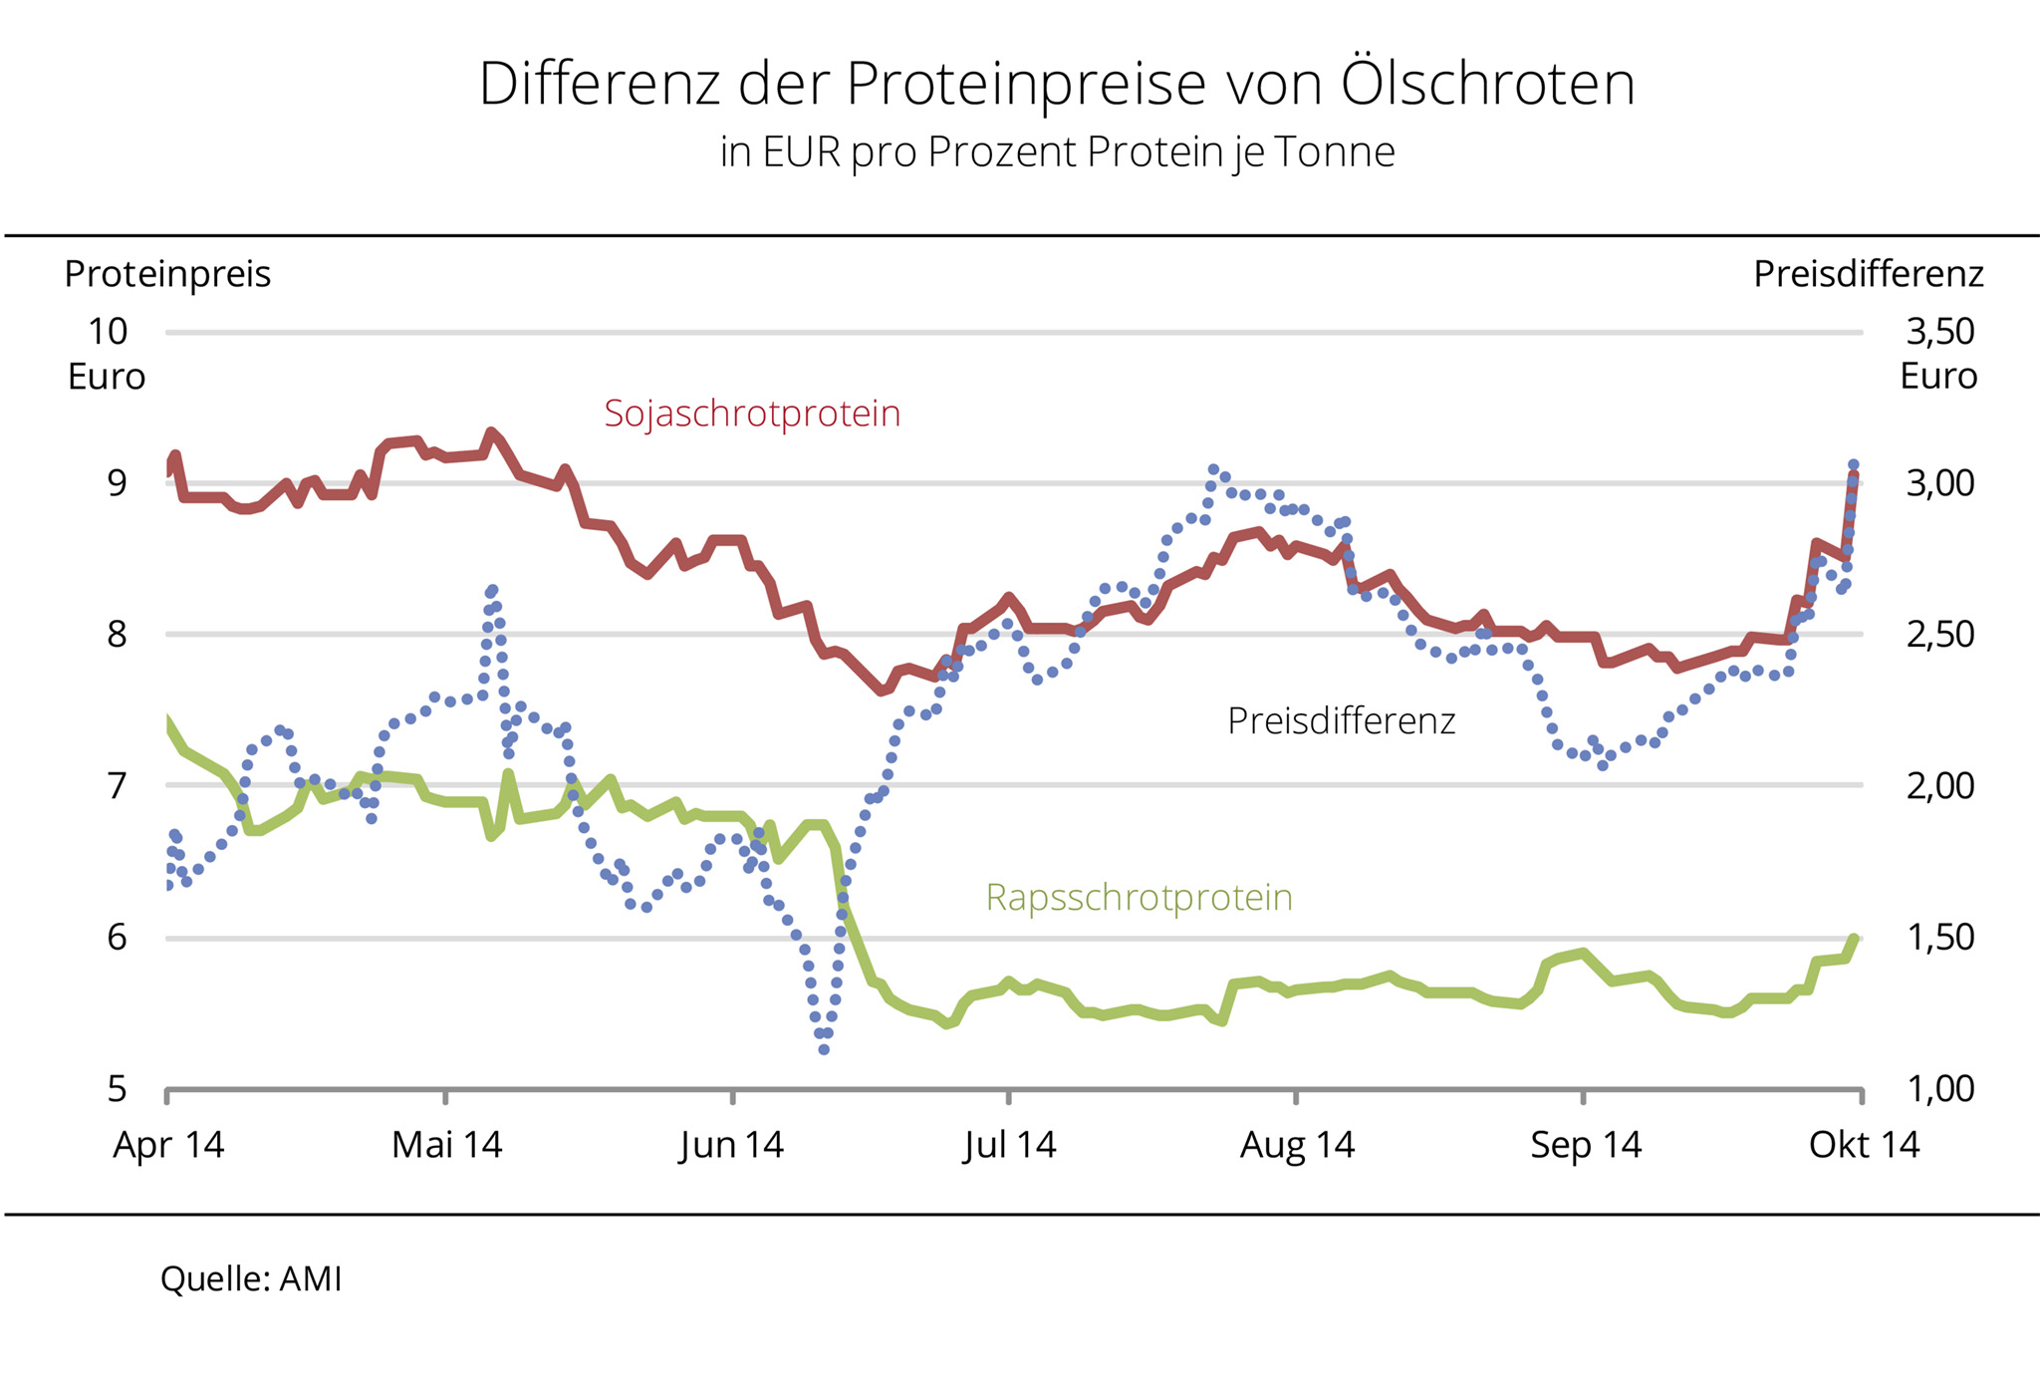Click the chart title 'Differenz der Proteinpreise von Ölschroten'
[x=1057, y=84]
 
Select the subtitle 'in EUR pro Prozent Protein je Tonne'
[x=1057, y=152]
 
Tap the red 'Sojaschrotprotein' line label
[x=752, y=414]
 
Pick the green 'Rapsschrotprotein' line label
[x=1139, y=898]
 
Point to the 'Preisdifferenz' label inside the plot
[x=1341, y=720]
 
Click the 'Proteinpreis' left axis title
[x=167, y=274]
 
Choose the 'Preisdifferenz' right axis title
[x=1868, y=274]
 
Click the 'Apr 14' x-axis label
[x=168, y=1145]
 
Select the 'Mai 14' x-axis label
[x=446, y=1145]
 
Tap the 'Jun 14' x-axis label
[x=732, y=1145]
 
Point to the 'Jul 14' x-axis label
[x=1009, y=1145]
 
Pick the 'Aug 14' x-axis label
[x=1297, y=1145]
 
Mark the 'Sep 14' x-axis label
[x=1586, y=1145]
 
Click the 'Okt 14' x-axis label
[x=1864, y=1145]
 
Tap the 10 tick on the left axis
[x=108, y=332]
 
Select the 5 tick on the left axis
[x=118, y=1089]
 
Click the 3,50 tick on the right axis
[x=1939, y=332]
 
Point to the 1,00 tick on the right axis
[x=1939, y=1089]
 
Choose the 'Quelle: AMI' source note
[x=251, y=1279]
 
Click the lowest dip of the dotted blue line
[x=824, y=1049]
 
